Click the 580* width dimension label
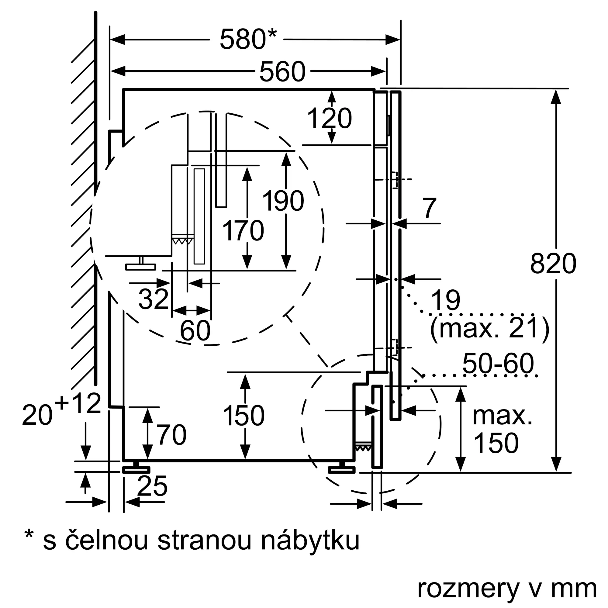tap(248, 39)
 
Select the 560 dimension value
tap(282, 72)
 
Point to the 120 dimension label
tap(329, 118)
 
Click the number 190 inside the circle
tap(283, 201)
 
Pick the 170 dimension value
tap(243, 231)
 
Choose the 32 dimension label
tap(153, 299)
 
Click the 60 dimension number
tap(195, 330)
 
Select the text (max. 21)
tap(490, 328)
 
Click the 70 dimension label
tap(171, 435)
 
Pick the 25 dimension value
tap(152, 486)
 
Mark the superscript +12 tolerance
tap(78, 403)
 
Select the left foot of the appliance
tap(136, 468)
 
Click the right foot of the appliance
tap(342, 468)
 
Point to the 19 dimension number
tap(445, 300)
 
